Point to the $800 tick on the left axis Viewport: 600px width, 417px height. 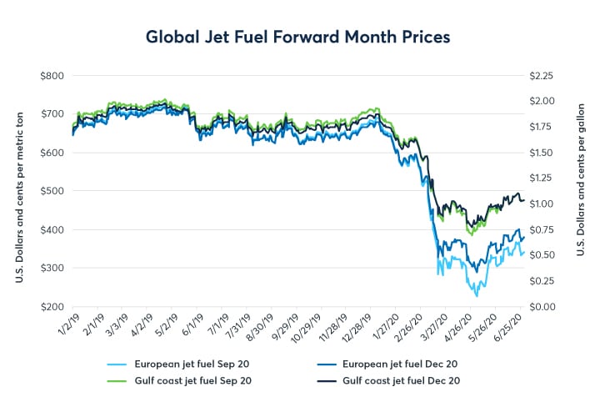tap(52, 75)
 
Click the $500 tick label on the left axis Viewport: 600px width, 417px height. tap(52, 191)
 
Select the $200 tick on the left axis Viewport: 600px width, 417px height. tap(52, 306)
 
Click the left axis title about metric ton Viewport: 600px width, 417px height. tap(18, 191)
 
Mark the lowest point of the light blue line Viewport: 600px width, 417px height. tap(477, 296)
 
